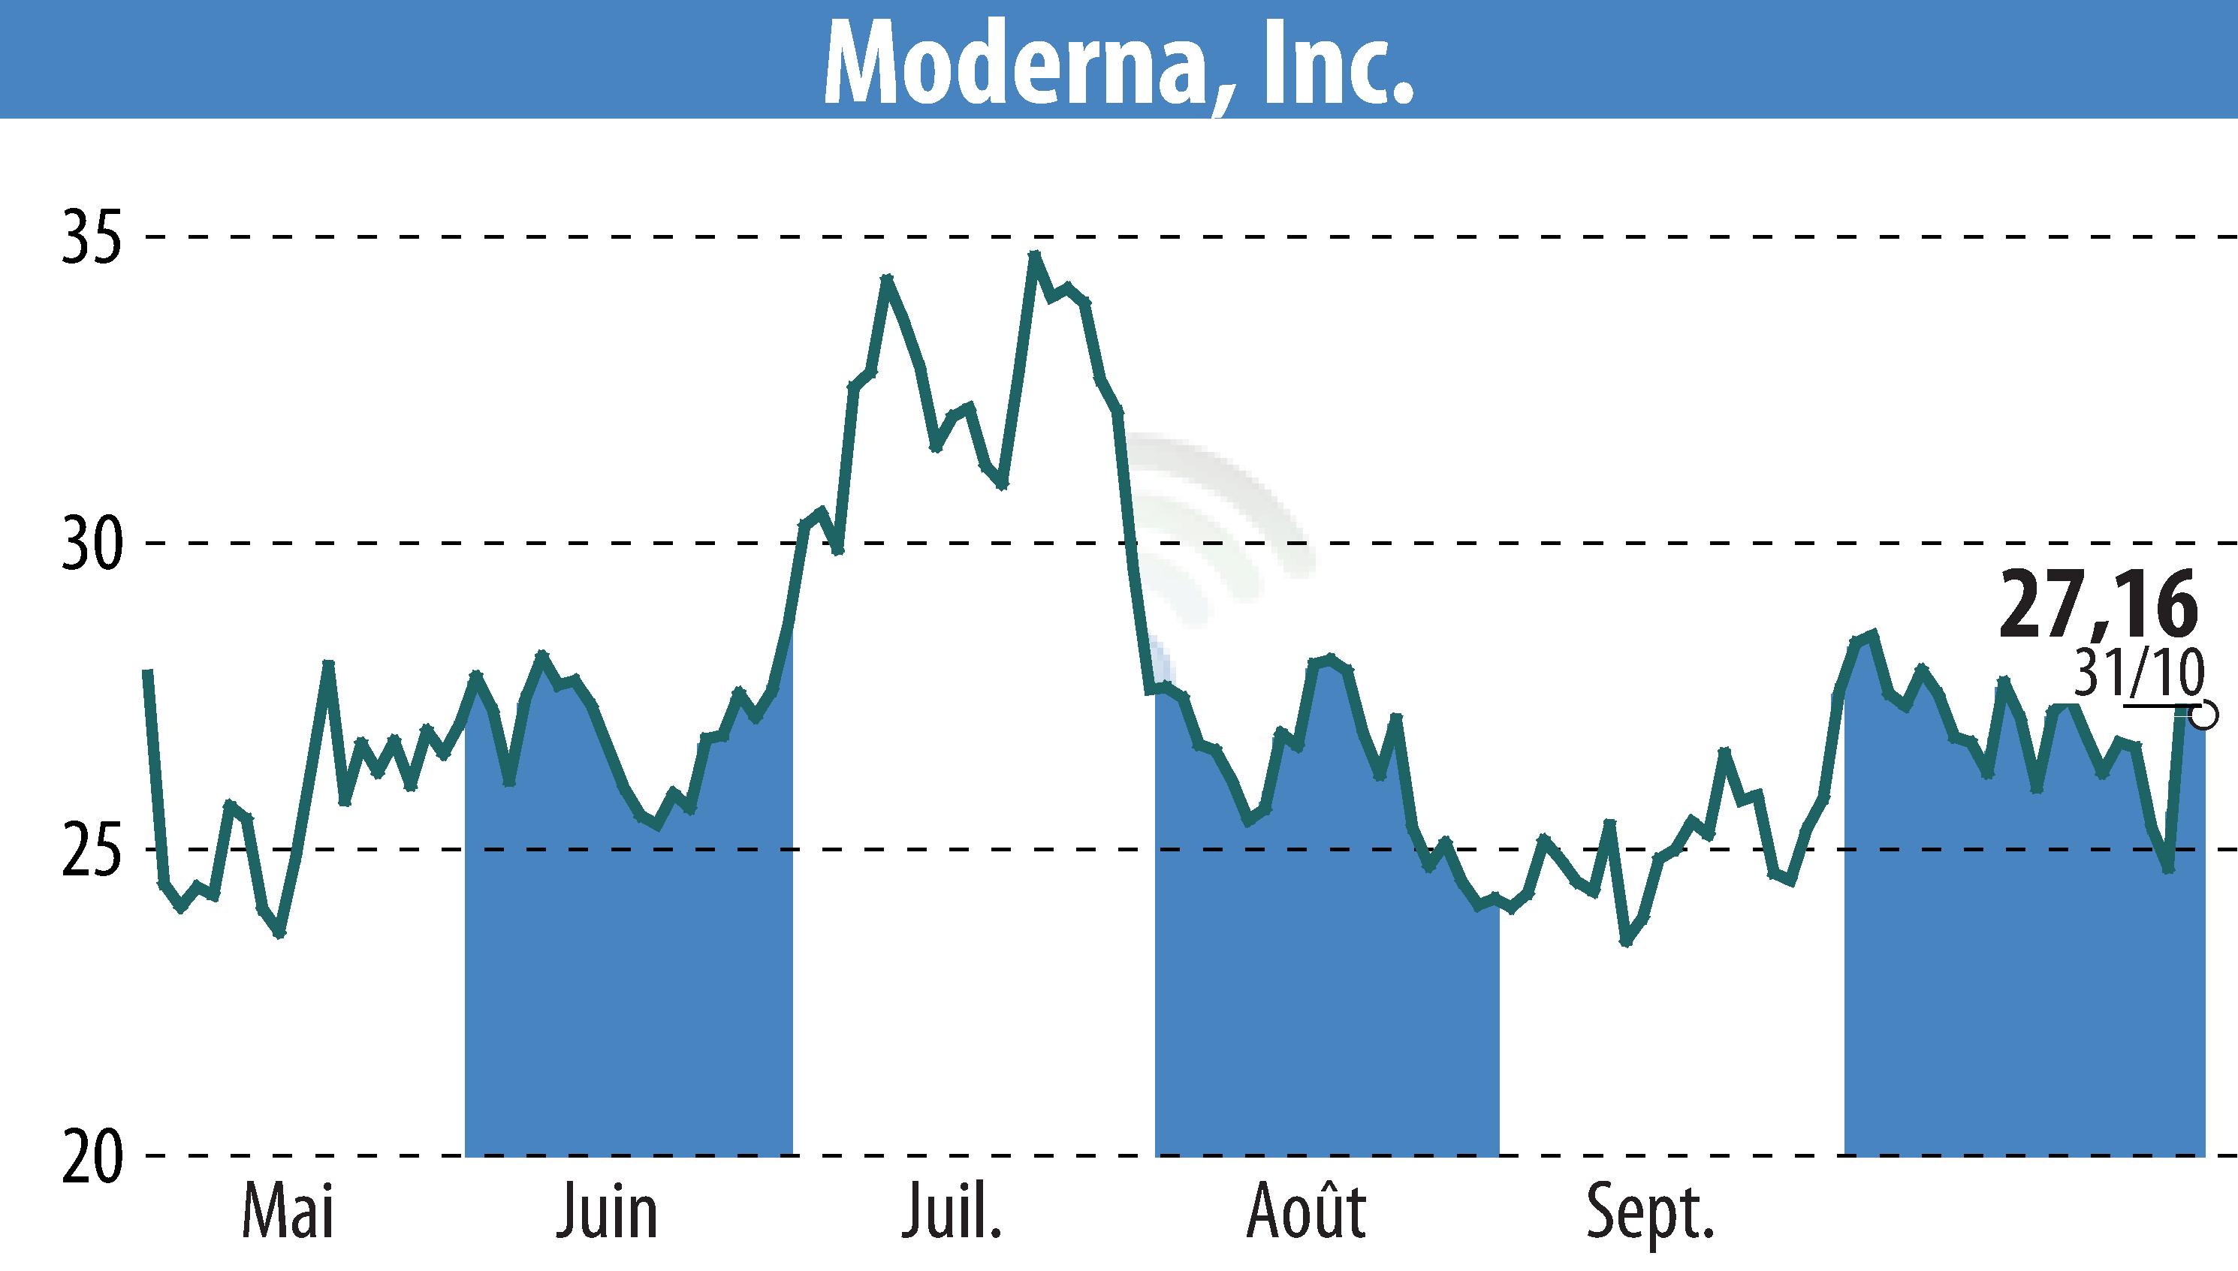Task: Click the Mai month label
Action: (288, 1211)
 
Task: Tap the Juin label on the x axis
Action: (607, 1211)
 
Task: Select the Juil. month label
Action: (952, 1211)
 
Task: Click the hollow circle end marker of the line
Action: (2204, 715)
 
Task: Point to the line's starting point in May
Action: (149, 672)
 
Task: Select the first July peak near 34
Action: (887, 279)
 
